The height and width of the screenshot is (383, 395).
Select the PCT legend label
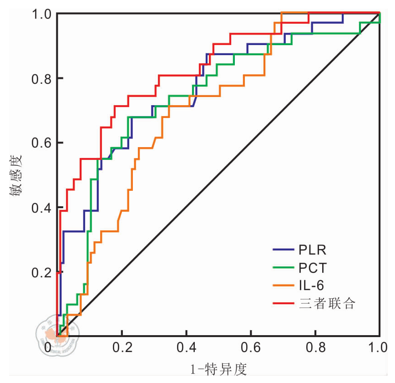tap(313, 267)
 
